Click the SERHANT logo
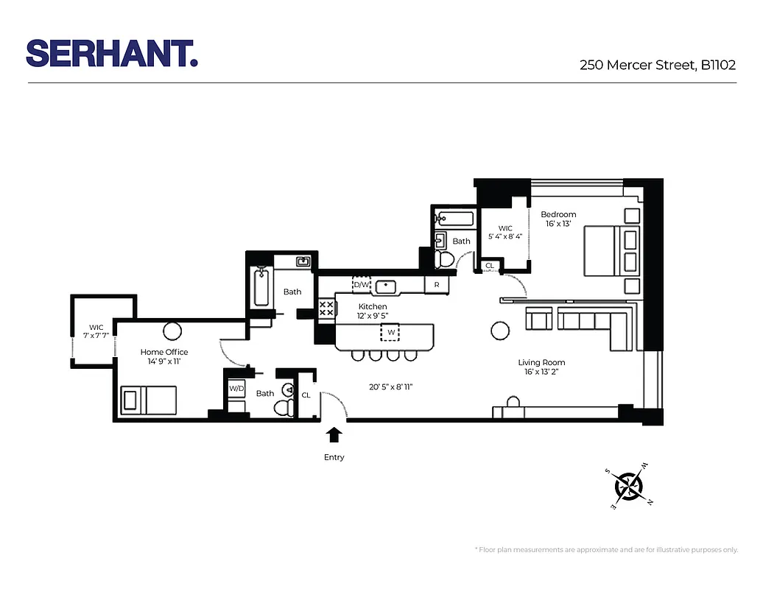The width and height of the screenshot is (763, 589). coord(112,54)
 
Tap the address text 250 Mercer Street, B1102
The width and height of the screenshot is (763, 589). coord(657,66)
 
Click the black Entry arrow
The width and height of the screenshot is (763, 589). coord(334,434)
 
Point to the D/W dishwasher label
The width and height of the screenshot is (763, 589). coord(361,285)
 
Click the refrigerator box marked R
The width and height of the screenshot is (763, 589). coord(436,285)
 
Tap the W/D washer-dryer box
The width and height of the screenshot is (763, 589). coord(236,388)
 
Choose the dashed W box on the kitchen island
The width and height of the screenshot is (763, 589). coord(390,332)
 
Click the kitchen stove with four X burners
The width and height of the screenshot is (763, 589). coord(326,308)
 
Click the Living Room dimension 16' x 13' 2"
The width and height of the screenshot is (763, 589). coord(541,372)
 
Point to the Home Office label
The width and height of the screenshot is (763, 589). coord(163,352)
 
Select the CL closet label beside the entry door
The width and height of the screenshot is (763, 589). coord(306,395)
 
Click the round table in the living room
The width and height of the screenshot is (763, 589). coord(500,331)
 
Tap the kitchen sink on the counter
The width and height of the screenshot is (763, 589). coord(386,286)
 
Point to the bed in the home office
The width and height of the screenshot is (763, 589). coord(150,401)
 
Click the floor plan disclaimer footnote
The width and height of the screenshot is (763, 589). coord(605,550)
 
